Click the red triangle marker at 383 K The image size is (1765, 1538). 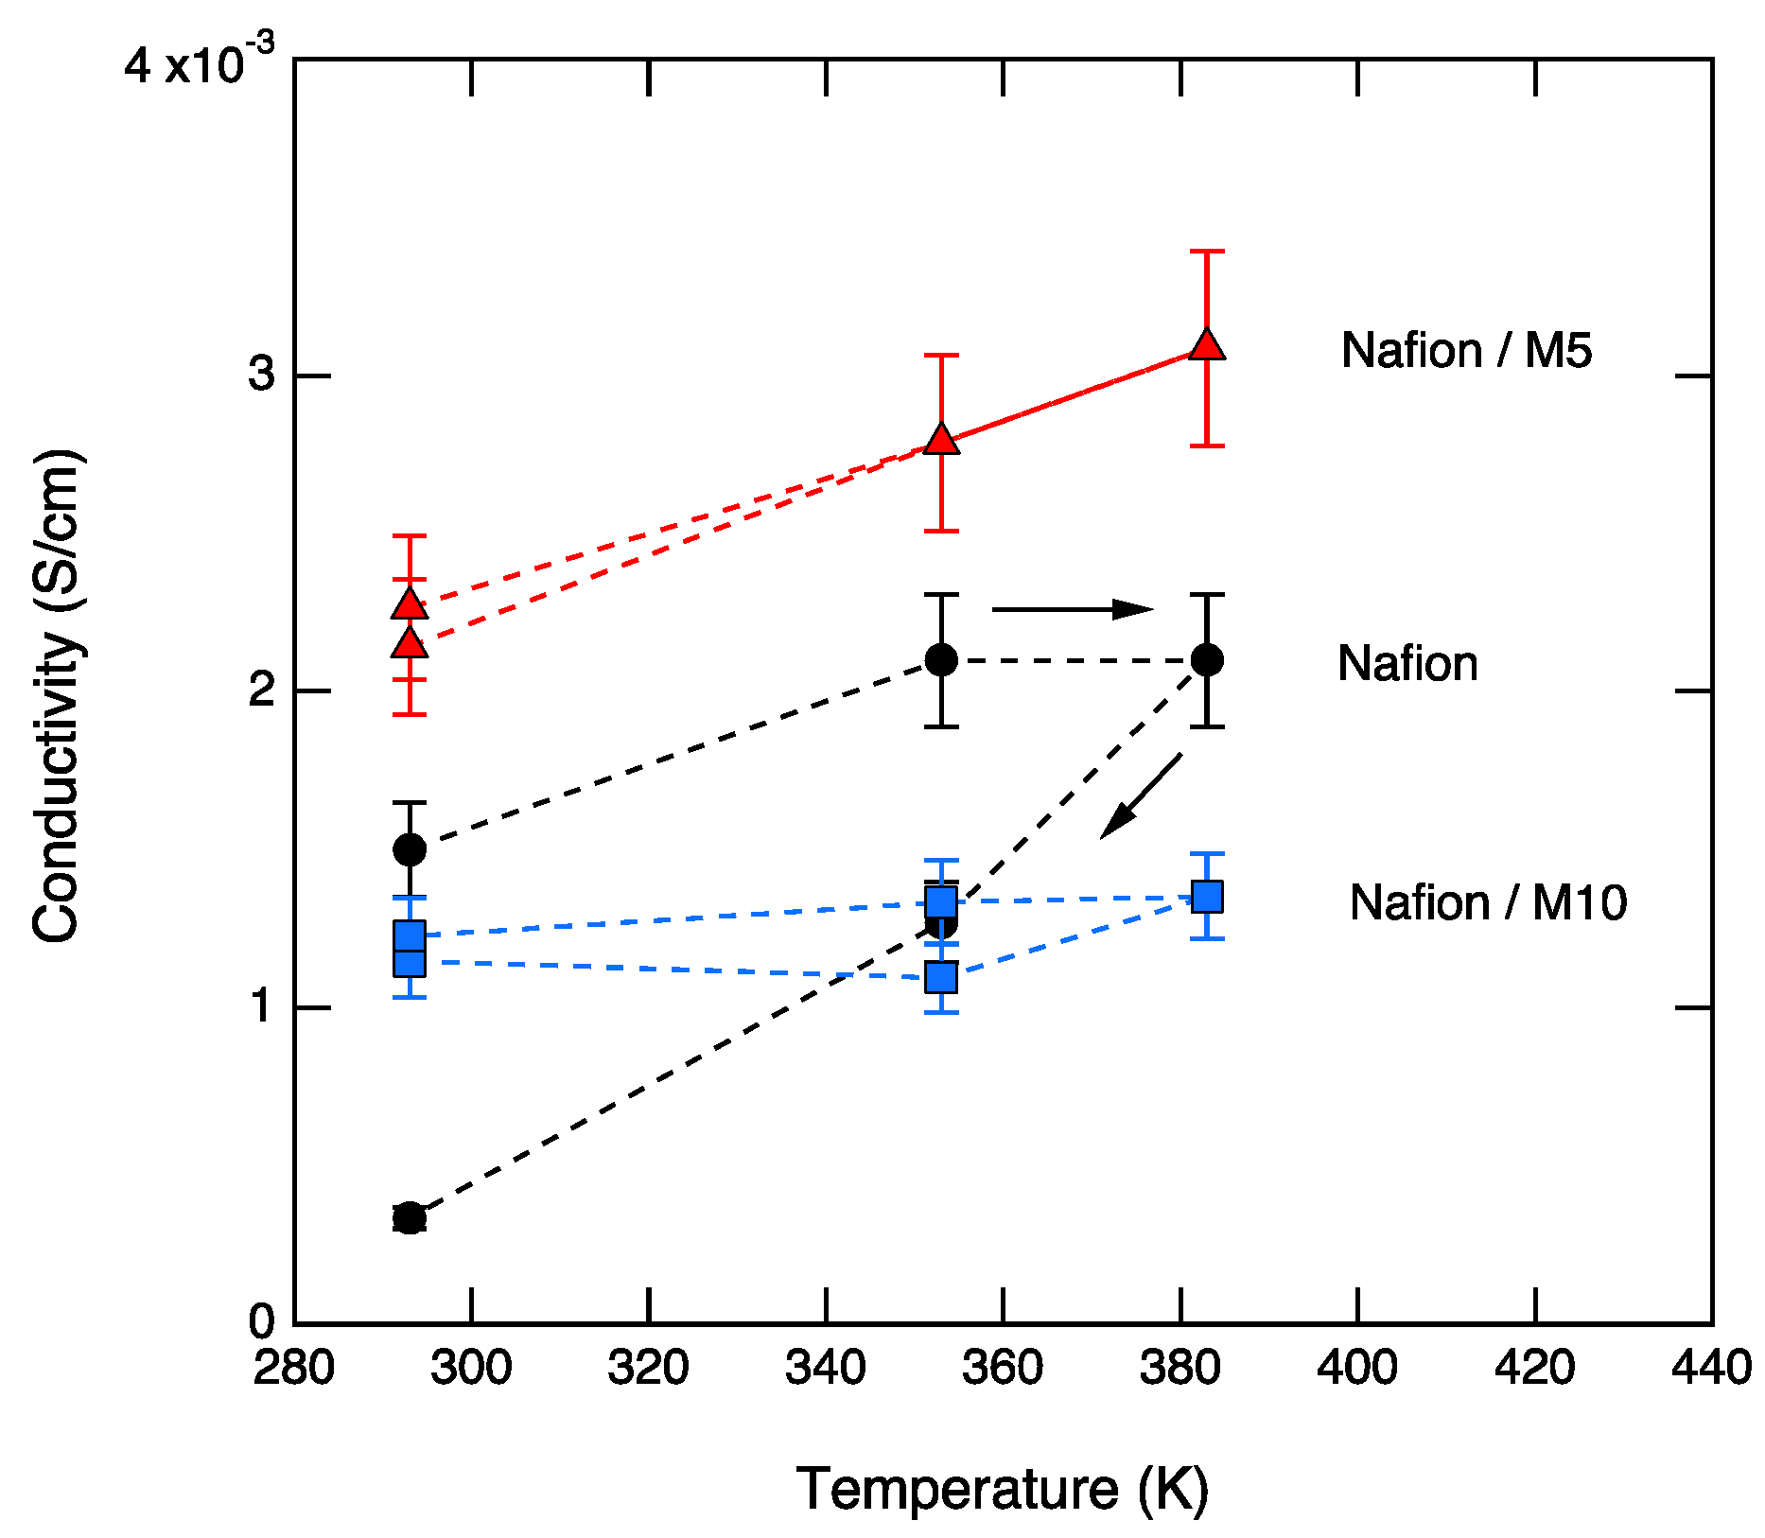[x=1207, y=345]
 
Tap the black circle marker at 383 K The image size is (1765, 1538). [x=1207, y=660]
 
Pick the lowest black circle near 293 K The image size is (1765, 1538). [x=409, y=1218]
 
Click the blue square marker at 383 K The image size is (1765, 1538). [x=1207, y=896]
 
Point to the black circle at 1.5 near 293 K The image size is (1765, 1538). [x=409, y=849]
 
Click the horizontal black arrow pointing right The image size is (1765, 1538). [x=1072, y=610]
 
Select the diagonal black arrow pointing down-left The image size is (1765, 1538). [x=1141, y=795]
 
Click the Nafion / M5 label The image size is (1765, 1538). [x=1466, y=351]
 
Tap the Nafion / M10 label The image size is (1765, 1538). [x=1488, y=902]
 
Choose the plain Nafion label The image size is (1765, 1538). [x=1407, y=664]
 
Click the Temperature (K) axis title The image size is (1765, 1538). [x=1003, y=1490]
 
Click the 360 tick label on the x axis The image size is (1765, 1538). [x=1003, y=1368]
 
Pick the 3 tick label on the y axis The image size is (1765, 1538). [x=261, y=376]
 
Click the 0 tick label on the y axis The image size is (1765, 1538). [x=261, y=1321]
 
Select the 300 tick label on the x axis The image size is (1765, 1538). [x=471, y=1368]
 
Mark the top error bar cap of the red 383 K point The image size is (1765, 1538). [x=1207, y=252]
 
